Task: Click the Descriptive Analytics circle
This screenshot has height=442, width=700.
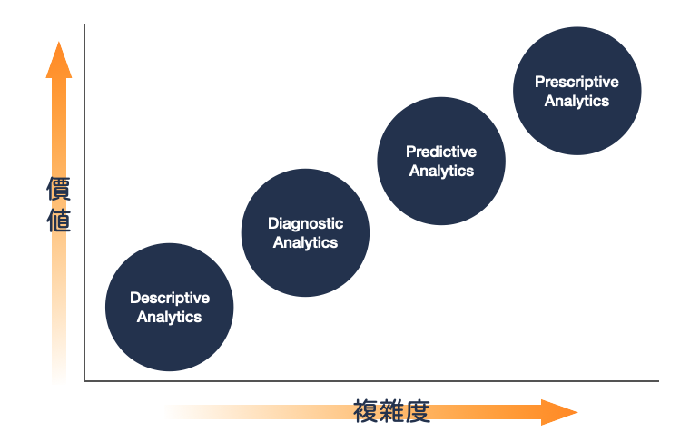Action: point(170,307)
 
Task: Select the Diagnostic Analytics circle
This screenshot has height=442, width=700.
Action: point(305,232)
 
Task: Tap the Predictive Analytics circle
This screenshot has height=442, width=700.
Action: point(441,162)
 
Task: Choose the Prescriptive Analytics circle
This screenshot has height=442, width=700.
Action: point(577,91)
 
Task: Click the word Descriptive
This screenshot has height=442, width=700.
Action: point(170,298)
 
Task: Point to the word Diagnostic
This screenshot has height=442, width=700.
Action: point(305,223)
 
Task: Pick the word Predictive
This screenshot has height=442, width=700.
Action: point(441,152)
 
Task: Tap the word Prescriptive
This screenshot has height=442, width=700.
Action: point(577,82)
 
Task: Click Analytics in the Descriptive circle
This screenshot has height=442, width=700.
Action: point(170,317)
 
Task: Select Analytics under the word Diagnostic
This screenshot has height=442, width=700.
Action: point(305,242)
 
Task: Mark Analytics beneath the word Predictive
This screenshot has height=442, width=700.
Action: point(441,171)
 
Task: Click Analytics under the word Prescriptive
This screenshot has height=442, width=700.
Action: point(577,101)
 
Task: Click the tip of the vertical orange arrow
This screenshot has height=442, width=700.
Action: point(59,44)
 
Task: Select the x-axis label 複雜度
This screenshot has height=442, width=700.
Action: point(391,411)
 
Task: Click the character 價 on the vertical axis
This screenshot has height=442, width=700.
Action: point(59,190)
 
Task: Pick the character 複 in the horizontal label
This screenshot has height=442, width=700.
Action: point(366,411)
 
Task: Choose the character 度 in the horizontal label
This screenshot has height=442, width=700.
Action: point(418,411)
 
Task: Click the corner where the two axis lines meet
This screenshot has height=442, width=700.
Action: point(84,380)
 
